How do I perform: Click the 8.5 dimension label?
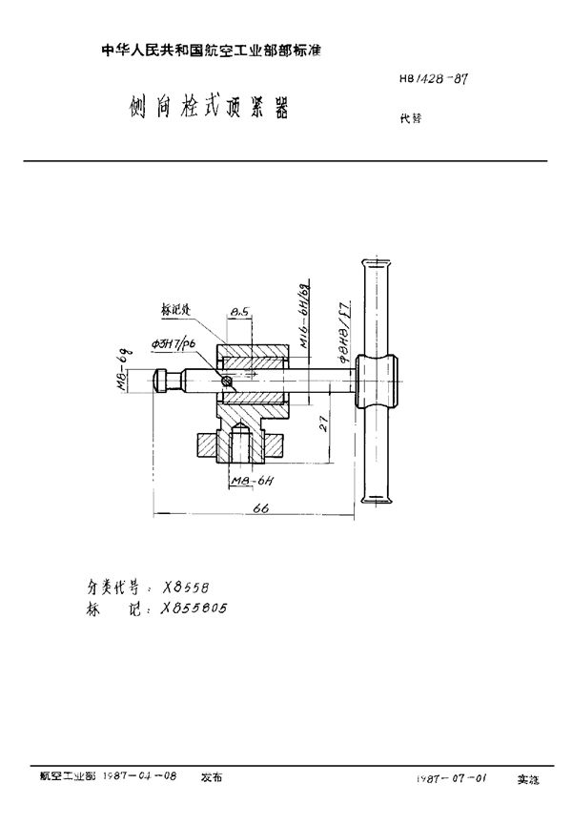(240, 311)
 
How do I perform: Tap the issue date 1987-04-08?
(144, 778)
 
